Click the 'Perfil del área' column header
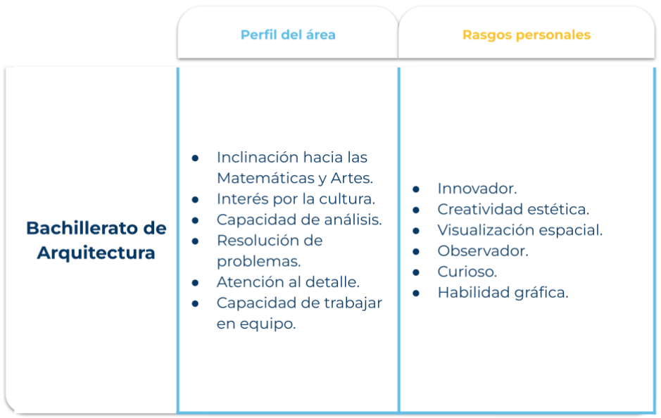288,34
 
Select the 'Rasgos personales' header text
527,34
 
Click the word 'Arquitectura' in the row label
96,253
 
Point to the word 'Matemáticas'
265,178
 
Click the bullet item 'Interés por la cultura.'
296,199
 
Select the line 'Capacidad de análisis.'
299,220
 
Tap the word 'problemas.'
259,261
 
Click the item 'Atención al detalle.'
288,282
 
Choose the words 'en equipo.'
256,324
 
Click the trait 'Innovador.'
477,189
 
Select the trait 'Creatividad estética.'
513,209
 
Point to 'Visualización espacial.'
520,230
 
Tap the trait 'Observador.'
483,251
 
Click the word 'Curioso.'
467,272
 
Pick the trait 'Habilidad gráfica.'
503,293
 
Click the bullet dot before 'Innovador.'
416,189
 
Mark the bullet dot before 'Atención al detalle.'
195,283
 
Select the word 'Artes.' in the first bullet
352,178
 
